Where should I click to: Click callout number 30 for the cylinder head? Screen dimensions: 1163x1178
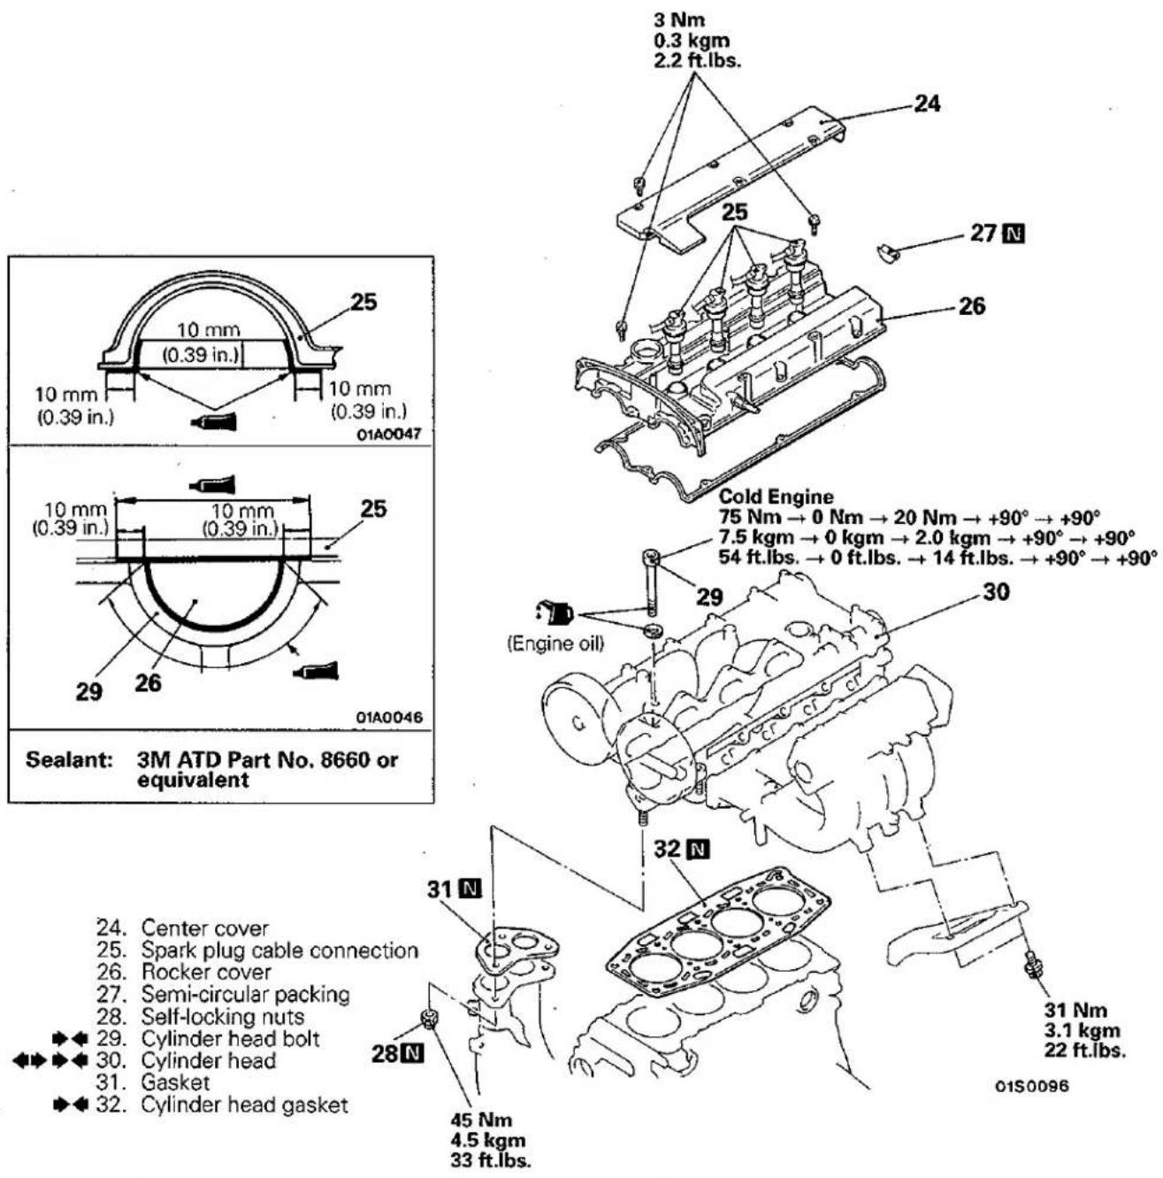[x=996, y=592]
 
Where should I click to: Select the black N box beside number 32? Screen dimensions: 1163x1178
[x=699, y=850]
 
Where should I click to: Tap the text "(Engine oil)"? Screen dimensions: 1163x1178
[x=555, y=643]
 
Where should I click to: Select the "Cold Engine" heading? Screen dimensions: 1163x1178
[x=776, y=496]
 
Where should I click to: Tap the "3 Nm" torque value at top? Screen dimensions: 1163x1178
[x=679, y=20]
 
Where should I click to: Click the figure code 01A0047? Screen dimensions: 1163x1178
[x=389, y=434]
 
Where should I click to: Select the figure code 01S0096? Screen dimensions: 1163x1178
[x=1032, y=1086]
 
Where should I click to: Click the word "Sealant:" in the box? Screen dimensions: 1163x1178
[x=69, y=760]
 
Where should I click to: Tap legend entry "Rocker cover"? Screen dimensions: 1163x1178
[x=206, y=972]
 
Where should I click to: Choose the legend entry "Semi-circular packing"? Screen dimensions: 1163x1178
[x=245, y=994]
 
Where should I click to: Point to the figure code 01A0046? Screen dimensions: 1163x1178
[x=389, y=717]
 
